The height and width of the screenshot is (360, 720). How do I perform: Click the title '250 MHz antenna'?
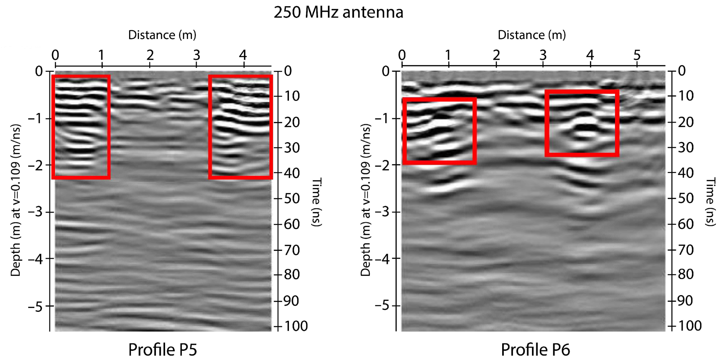pos(338,12)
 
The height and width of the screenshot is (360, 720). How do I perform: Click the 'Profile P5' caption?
pos(162,350)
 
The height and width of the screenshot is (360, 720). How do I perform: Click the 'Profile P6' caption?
pos(535,350)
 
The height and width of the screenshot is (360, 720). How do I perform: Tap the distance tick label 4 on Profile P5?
pos(243,55)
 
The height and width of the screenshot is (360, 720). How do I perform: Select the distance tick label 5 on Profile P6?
pos(636,55)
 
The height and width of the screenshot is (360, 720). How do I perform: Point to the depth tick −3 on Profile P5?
pos(36,212)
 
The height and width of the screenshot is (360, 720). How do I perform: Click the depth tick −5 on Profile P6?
pos(383,306)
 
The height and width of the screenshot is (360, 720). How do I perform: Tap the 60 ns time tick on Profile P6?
pos(686,224)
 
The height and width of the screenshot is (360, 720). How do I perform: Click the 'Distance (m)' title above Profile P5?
pos(162,35)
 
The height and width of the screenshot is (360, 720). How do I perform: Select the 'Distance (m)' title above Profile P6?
pos(532,35)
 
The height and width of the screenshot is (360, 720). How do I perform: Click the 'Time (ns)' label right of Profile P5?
pos(316,202)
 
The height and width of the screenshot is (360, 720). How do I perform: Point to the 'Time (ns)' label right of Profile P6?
pos(710,202)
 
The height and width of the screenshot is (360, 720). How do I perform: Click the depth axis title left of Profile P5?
pos(15,200)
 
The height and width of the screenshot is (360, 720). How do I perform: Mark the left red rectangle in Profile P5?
pos(81,127)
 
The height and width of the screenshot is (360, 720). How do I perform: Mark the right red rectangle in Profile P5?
pos(240,127)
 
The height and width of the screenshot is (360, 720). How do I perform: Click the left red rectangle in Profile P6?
pos(439,131)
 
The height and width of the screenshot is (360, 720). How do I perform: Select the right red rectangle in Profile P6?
pos(582,123)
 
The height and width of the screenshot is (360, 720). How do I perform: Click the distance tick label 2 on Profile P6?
pos(496,55)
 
